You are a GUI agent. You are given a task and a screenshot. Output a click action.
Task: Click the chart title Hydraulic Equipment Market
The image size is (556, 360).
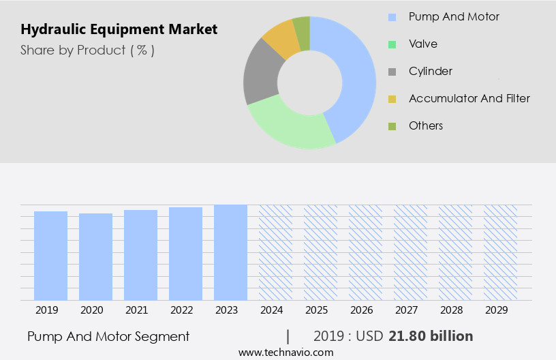119,29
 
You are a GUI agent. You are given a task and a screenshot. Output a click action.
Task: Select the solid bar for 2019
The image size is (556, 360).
50,256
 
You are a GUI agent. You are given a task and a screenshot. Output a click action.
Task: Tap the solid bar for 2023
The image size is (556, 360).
230,252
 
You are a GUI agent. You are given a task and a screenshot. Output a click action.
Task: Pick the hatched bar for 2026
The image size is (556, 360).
365,252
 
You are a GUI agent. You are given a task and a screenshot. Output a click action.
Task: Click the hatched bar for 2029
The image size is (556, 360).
500,252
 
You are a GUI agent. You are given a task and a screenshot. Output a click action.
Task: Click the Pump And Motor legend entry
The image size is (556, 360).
454,16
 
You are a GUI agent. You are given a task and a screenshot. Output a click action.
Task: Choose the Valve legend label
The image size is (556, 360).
423,44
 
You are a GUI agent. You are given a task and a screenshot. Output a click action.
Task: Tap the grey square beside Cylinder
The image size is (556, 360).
392,72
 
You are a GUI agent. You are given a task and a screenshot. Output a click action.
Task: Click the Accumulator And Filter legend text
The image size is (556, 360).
469,98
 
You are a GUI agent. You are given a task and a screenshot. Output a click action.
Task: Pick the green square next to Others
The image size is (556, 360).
392,126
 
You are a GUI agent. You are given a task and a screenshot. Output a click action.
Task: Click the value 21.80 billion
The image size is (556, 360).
431,336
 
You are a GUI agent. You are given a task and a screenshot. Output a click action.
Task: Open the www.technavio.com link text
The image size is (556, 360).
286,352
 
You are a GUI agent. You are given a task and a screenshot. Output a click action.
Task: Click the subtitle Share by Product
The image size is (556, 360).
87,50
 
